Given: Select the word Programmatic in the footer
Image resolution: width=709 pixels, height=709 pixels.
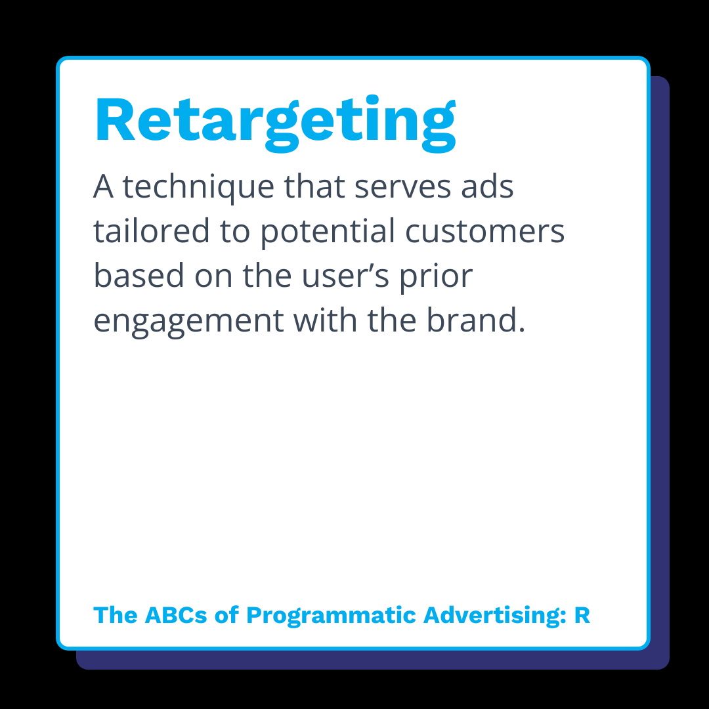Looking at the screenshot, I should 331,616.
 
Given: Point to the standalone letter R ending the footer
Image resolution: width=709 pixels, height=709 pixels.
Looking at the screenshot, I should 582,615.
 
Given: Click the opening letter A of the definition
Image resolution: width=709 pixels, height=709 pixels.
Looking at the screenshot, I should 104,187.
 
